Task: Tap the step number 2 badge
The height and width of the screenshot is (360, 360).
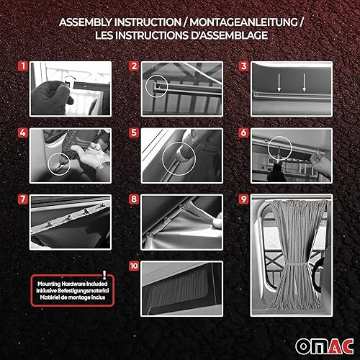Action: [133, 68]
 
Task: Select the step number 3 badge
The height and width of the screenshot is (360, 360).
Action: [244, 68]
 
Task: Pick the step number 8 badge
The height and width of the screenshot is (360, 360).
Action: [133, 199]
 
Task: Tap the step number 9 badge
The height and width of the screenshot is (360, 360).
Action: [244, 199]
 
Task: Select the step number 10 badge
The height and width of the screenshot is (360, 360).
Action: [133, 266]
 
